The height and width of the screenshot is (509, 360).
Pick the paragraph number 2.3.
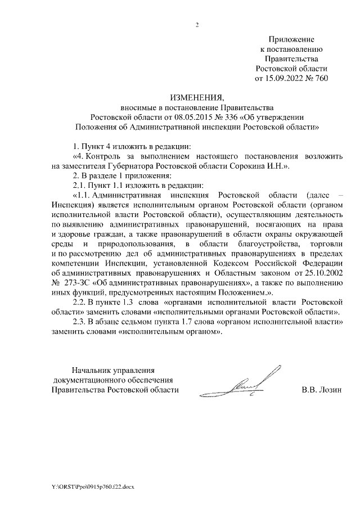(81, 322)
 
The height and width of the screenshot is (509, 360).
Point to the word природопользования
(139, 244)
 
